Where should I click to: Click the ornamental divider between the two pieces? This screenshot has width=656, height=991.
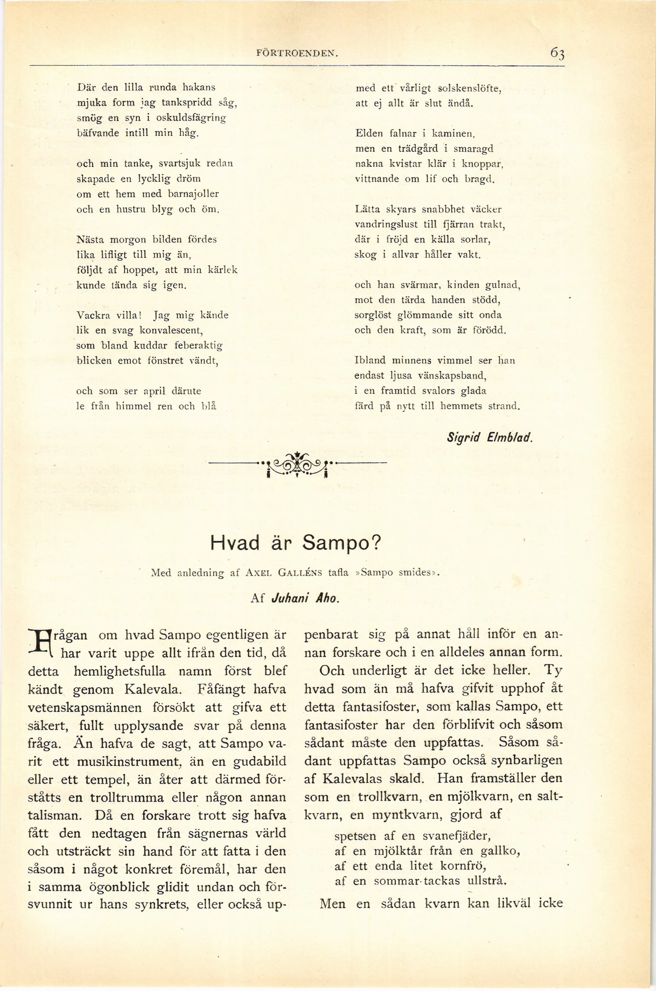point(297,463)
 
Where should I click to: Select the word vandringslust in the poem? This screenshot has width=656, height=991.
point(386,225)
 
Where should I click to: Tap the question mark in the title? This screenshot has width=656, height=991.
point(375,544)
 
